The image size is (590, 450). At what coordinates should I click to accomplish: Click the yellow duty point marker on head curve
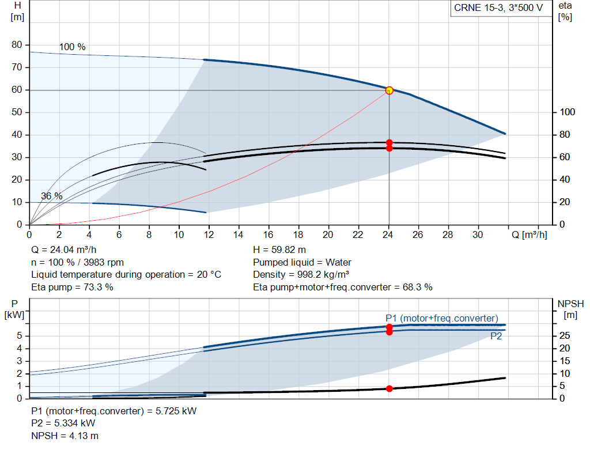(389, 90)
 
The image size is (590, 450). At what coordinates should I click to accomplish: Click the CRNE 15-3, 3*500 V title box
(498, 9)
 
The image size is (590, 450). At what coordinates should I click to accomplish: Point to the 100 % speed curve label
(72, 47)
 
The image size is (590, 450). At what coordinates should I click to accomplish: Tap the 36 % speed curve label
(52, 196)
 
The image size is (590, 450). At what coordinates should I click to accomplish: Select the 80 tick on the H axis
(17, 45)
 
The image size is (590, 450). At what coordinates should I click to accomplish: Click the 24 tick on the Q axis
(388, 235)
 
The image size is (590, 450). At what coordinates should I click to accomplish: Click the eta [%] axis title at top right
(565, 11)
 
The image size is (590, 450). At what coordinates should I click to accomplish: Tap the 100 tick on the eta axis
(568, 112)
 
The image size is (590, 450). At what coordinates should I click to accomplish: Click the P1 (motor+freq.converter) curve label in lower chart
(441, 318)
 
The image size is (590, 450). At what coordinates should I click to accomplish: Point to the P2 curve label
(496, 336)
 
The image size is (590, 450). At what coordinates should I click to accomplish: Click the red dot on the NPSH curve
(389, 389)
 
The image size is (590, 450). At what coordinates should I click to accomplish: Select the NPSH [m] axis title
(570, 309)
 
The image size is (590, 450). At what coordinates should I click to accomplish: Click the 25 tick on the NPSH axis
(565, 336)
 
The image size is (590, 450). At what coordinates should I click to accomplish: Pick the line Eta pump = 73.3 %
(72, 287)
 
